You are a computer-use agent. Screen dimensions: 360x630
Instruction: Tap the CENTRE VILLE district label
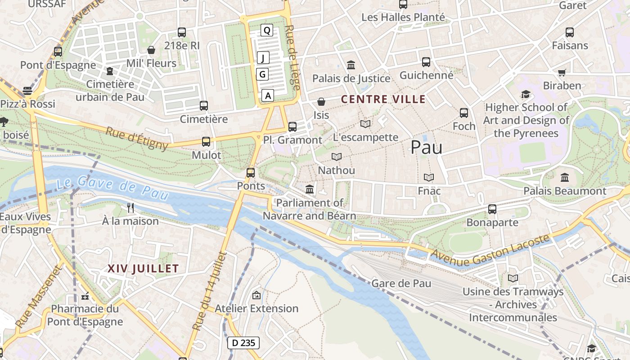383,99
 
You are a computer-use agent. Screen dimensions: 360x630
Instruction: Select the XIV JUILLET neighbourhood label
143,269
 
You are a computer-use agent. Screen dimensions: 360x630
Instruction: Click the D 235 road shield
243,343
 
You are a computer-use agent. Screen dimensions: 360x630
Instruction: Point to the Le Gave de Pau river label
112,189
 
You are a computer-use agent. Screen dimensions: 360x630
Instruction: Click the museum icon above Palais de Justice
351,65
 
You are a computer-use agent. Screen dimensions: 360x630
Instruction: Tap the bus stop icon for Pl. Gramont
292,127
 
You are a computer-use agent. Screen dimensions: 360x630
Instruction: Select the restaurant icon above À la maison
130,208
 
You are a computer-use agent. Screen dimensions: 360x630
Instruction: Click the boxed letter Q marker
267,31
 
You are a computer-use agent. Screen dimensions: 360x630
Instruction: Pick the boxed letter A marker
268,95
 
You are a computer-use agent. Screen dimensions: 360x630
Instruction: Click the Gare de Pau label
401,283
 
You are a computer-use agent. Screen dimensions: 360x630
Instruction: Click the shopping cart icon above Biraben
562,72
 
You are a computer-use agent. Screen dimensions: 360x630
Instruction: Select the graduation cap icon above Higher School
526,94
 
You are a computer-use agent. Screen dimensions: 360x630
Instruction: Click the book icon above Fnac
429,178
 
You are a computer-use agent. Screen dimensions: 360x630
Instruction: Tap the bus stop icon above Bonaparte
492,209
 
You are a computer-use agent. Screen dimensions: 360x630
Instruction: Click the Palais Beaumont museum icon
565,178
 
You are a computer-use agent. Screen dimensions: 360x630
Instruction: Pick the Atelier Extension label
256,309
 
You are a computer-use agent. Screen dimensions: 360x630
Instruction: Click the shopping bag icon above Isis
321,102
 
